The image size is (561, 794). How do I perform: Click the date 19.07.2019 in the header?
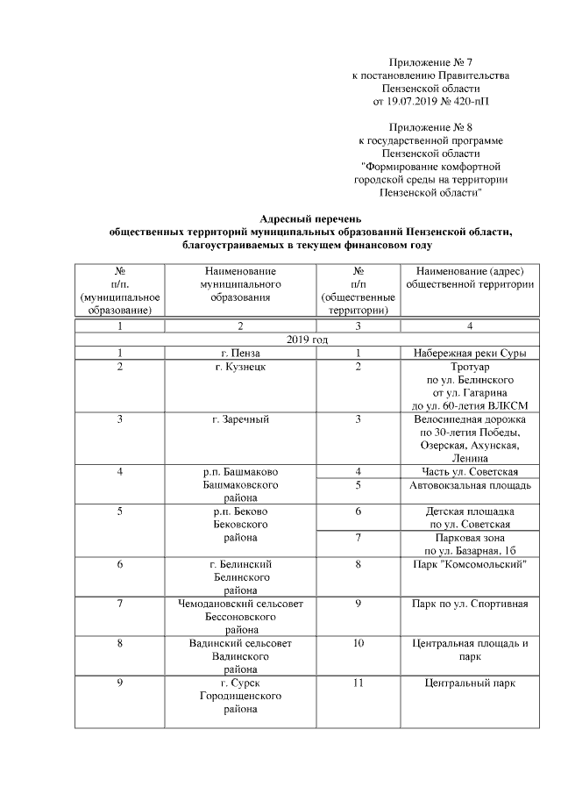411,102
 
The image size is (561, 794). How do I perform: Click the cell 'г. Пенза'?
240,354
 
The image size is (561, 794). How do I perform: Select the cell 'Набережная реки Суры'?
469,354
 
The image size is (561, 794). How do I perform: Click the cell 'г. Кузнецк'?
240,367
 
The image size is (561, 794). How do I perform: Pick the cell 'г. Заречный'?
240,419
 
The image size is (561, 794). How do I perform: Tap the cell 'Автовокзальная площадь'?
469,485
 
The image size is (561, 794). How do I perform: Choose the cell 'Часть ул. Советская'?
469,472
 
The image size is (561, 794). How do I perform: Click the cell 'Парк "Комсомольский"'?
469,564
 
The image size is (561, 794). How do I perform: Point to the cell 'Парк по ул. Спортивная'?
469,604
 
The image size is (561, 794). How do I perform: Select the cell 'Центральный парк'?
469,683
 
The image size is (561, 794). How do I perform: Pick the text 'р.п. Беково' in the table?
240,511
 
